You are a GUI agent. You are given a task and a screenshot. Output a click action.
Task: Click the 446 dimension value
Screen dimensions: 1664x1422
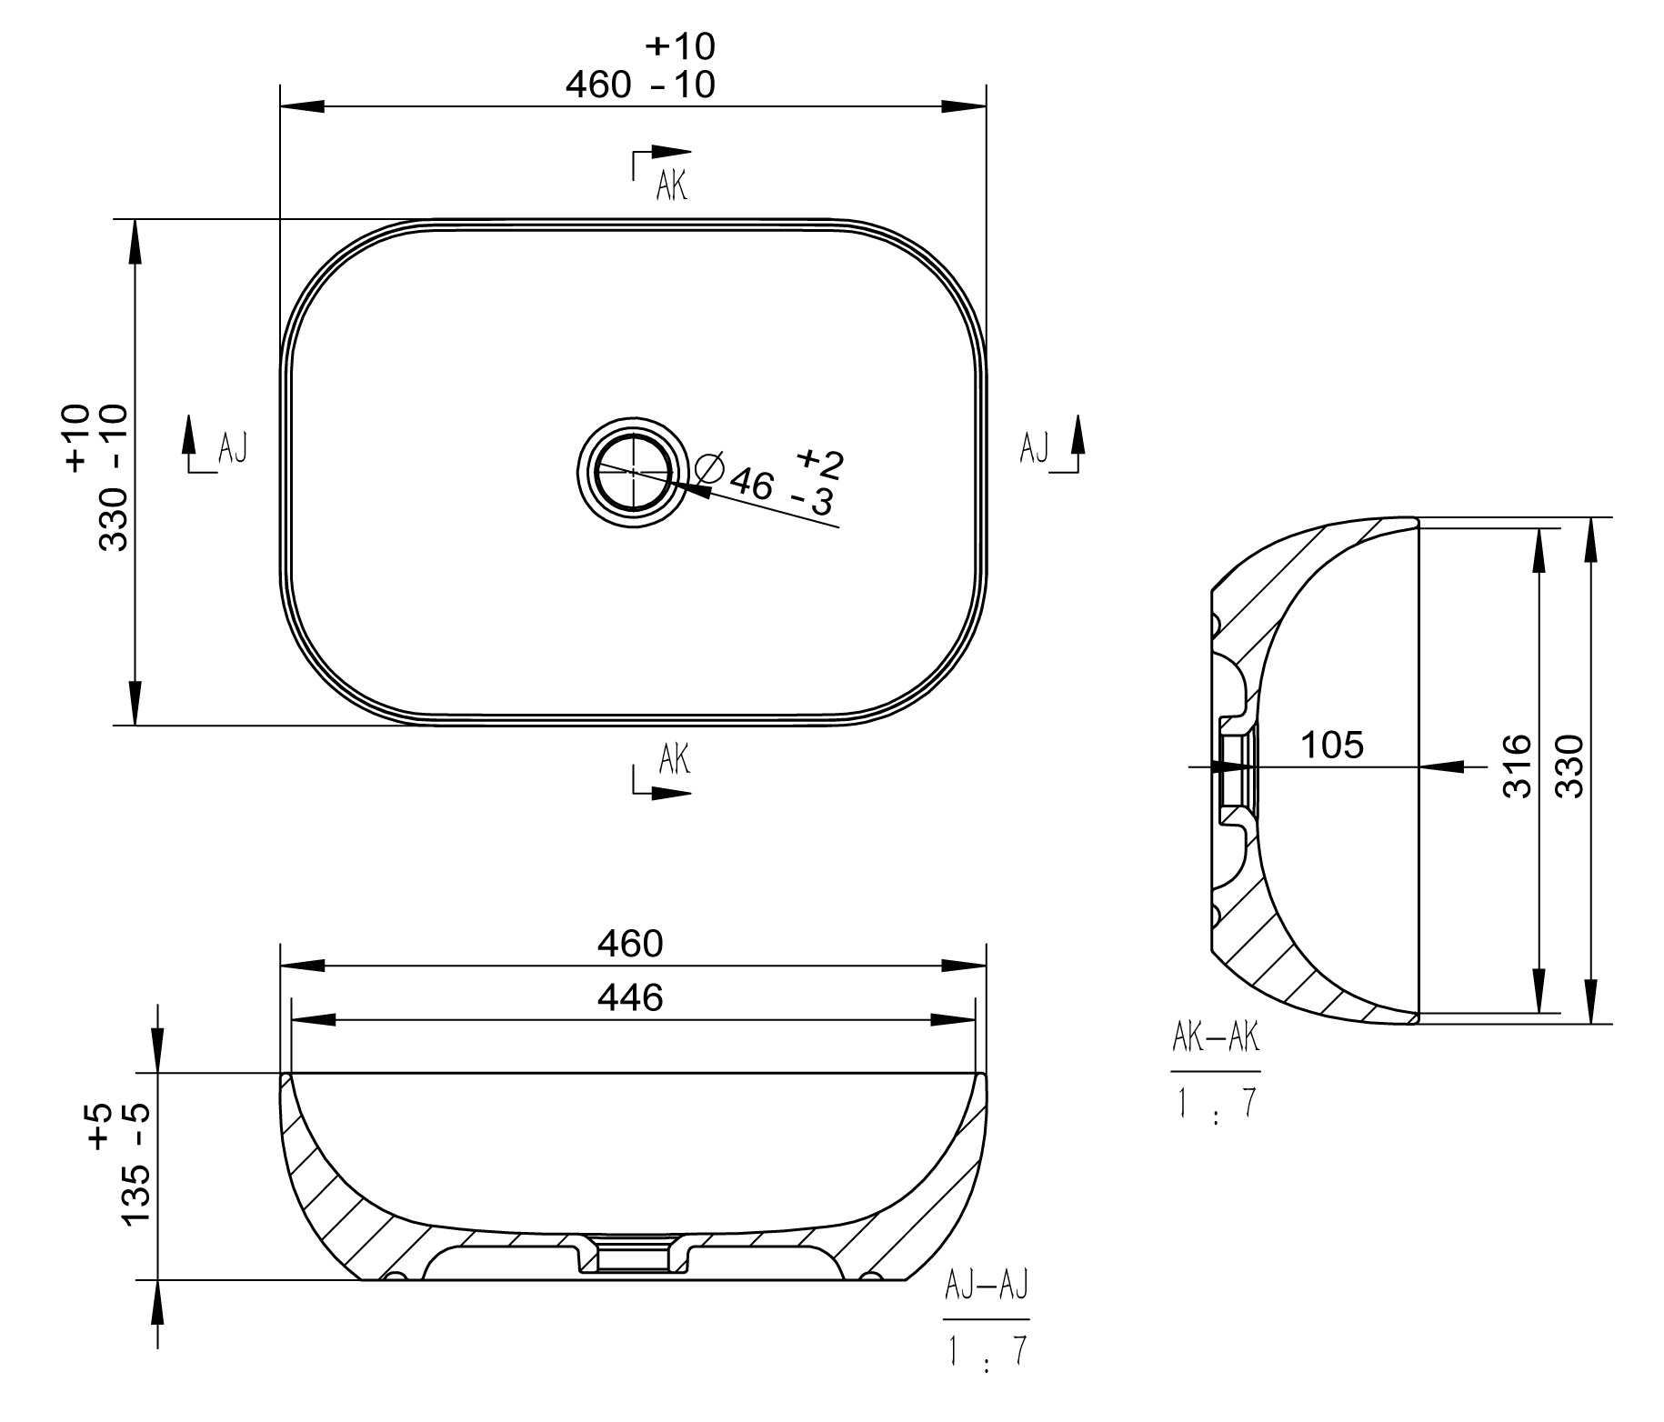[630, 999]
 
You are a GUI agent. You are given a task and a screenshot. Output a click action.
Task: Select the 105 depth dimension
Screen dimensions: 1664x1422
[1332, 746]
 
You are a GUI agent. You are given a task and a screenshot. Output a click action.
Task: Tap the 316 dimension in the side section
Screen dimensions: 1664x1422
[1518, 766]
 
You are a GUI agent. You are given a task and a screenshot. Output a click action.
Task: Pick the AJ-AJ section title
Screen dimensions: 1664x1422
[987, 1287]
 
